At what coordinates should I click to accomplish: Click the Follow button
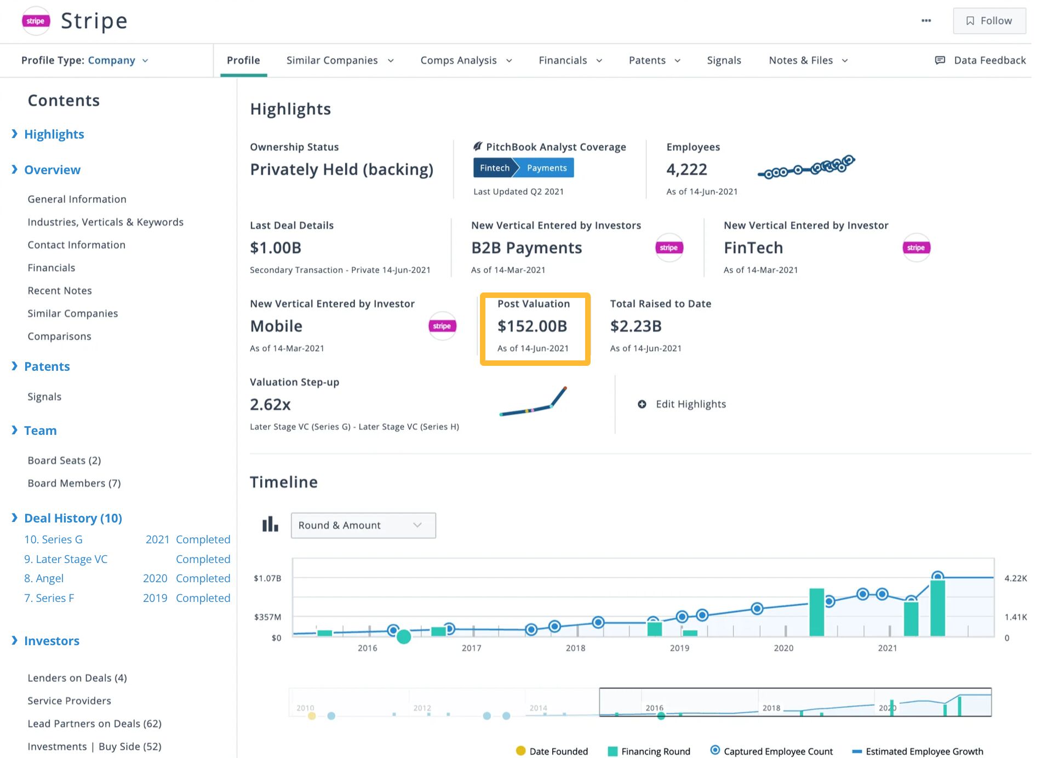[x=989, y=21]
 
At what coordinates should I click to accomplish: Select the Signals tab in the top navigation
[x=723, y=60]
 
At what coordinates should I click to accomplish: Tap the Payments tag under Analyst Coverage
[x=546, y=168]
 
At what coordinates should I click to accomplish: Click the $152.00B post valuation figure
[x=532, y=326]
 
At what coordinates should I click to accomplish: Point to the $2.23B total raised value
[x=636, y=326]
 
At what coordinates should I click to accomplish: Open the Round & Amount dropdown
[x=363, y=525]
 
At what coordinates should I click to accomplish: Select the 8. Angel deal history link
[x=44, y=578]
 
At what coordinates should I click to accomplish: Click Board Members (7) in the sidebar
[x=74, y=483]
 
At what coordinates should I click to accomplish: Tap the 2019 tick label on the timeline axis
[x=679, y=648]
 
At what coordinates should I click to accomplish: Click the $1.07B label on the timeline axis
[x=267, y=578]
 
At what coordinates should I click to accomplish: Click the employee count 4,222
[x=686, y=170]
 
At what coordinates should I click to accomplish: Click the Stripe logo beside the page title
[x=36, y=21]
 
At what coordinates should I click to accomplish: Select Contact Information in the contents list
[x=76, y=245]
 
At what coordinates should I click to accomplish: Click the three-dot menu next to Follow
[x=926, y=21]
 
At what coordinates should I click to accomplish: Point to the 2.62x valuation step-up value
[x=270, y=405]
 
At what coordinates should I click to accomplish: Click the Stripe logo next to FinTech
[x=915, y=248]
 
